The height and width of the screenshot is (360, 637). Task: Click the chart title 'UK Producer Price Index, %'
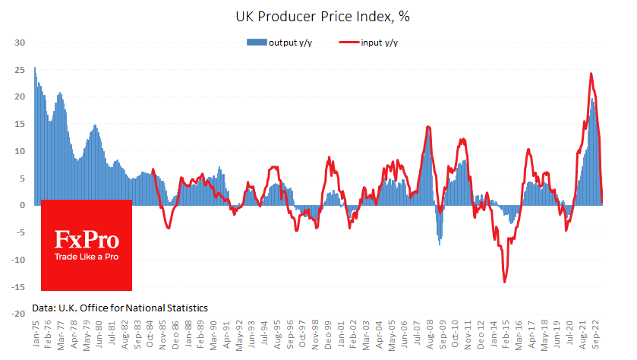pyautogui.click(x=318, y=14)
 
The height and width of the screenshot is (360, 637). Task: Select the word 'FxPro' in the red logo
pyautogui.click(x=87, y=241)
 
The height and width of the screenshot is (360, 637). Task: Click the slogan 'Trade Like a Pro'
pyautogui.click(x=87, y=257)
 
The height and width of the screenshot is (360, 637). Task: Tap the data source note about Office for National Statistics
pyautogui.click(x=120, y=308)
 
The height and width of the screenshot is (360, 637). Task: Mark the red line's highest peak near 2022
pyautogui.click(x=591, y=74)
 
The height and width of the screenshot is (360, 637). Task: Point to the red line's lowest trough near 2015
pyautogui.click(x=504, y=283)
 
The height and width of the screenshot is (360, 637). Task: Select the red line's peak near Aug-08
pyautogui.click(x=429, y=127)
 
